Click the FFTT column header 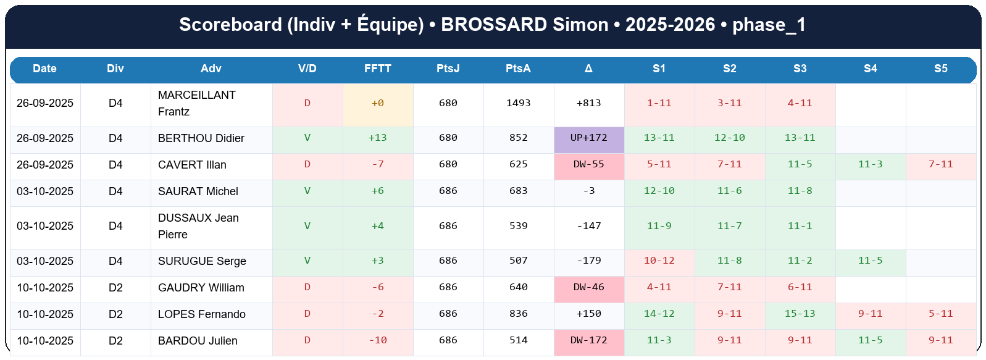[x=377, y=69]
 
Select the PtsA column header [x=518, y=69]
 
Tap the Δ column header [x=588, y=69]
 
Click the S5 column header [x=940, y=69]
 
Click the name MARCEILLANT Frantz [x=196, y=103]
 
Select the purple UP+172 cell [x=588, y=138]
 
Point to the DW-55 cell [x=588, y=164]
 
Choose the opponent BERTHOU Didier [x=201, y=138]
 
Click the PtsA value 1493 [x=518, y=103]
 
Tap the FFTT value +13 [x=377, y=138]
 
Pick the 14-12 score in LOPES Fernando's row [x=659, y=314]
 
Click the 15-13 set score [x=800, y=314]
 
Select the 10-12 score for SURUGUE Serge [x=659, y=261]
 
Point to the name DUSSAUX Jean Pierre [x=198, y=226]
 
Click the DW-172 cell [x=588, y=340]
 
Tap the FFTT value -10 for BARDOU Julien [x=377, y=340]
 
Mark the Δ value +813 [x=588, y=103]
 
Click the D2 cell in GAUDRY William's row [x=115, y=288]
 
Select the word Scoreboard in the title [x=230, y=25]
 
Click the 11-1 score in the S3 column [x=800, y=226]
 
